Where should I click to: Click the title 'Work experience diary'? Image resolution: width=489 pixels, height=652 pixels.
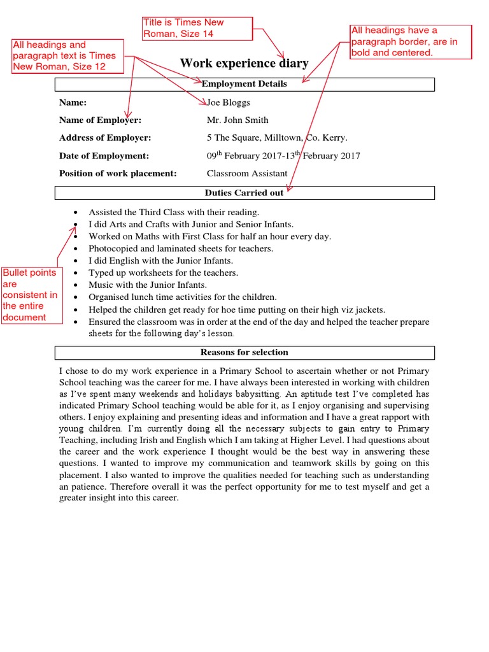click(244, 63)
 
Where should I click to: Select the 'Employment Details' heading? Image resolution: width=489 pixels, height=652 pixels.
click(244, 84)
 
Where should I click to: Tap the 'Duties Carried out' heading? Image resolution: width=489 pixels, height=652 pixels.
click(244, 192)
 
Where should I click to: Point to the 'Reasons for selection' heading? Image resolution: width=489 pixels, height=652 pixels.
click(244, 352)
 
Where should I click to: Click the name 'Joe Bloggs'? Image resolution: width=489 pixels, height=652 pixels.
click(229, 103)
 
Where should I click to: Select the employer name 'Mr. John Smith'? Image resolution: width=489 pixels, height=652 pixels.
click(237, 120)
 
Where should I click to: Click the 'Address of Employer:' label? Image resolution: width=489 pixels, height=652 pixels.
click(105, 138)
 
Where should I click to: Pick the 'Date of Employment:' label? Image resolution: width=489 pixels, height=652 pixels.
click(104, 156)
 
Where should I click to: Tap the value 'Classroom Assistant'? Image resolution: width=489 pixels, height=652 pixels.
click(247, 174)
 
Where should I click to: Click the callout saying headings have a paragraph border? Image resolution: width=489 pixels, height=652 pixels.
click(410, 41)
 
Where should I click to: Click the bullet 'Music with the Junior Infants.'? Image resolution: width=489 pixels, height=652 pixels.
click(148, 285)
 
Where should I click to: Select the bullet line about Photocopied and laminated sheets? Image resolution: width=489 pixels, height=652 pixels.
click(181, 249)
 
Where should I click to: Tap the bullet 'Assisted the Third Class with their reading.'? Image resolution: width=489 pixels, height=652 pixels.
click(174, 212)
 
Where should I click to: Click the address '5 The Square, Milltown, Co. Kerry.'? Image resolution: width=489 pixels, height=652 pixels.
click(277, 138)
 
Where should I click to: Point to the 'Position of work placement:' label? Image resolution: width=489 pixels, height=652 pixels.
click(118, 174)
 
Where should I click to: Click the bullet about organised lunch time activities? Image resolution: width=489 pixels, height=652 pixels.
click(183, 297)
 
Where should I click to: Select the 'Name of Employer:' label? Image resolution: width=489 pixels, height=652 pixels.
click(100, 120)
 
